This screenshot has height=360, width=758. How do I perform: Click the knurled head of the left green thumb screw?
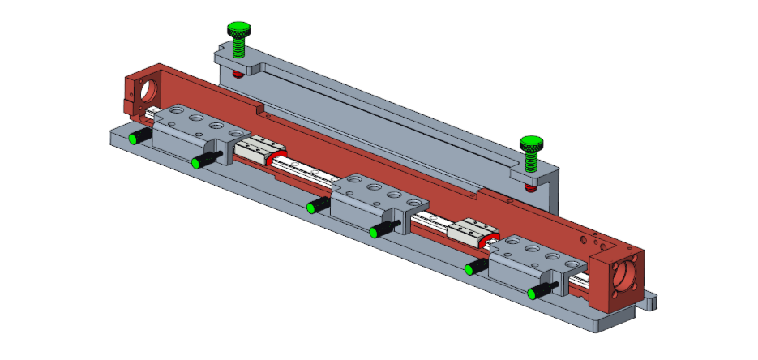click(x=238, y=32)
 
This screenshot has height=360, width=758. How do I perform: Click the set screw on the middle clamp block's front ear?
click(x=379, y=231)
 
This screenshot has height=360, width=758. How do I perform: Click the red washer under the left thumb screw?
click(x=237, y=73)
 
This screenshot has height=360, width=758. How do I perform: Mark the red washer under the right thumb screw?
click(x=529, y=186)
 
